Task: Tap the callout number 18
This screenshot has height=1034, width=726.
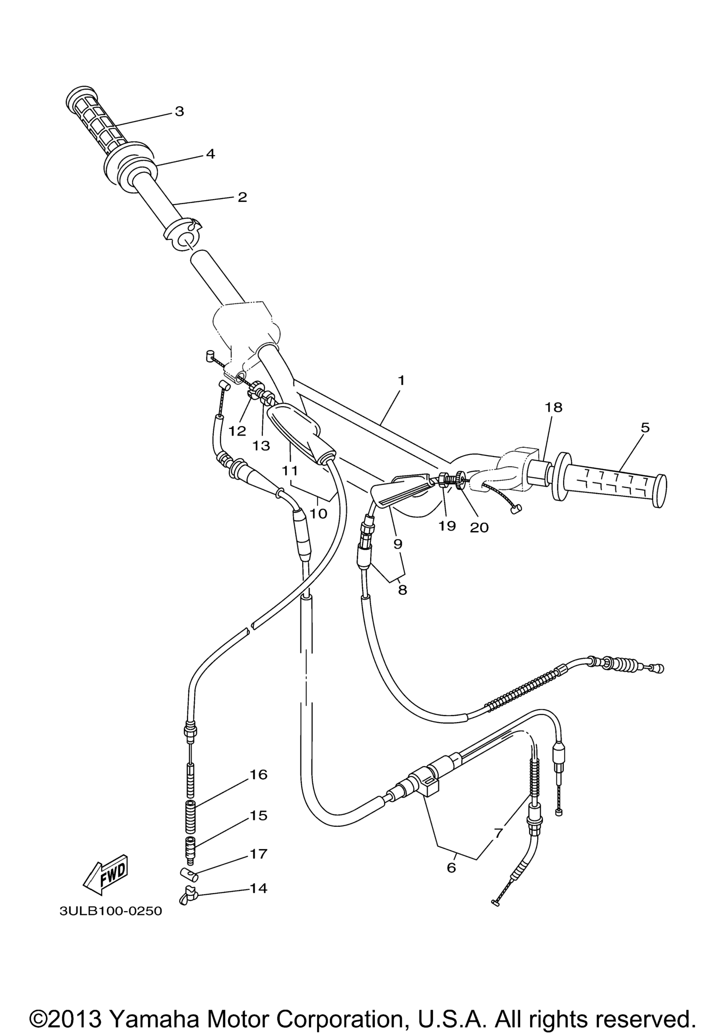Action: pos(554,407)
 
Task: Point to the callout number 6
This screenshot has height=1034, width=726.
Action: pos(451,867)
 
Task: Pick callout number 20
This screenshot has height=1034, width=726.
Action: pos(479,527)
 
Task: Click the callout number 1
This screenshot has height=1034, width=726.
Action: pos(401,380)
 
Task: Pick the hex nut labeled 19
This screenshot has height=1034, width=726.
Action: pos(443,479)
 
